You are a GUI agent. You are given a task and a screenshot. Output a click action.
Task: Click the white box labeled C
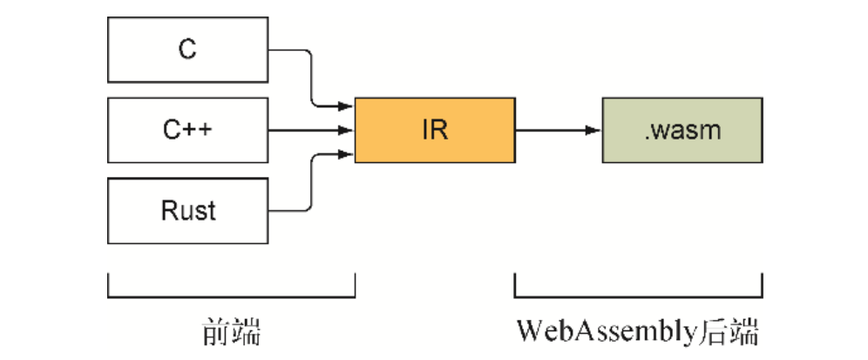[186, 50]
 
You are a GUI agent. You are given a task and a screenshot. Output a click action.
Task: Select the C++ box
[186, 130]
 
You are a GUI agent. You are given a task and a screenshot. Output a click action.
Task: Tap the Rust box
[186, 210]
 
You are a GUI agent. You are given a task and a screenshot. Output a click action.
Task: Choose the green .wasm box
[682, 131]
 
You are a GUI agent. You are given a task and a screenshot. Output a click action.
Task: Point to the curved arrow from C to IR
[310, 78]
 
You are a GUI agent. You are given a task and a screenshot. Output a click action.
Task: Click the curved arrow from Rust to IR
[310, 183]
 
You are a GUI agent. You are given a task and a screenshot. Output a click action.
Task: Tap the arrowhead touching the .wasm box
[594, 131]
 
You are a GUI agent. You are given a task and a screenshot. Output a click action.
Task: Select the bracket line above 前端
[231, 295]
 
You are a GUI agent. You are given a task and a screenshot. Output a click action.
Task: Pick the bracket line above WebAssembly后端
[639, 295]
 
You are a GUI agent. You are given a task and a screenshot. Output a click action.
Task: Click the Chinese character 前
[215, 333]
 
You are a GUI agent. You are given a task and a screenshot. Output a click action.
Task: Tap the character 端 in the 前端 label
[247, 333]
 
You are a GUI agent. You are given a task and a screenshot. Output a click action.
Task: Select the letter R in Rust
[168, 210]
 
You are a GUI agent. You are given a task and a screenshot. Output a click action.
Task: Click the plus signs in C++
[199, 130]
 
